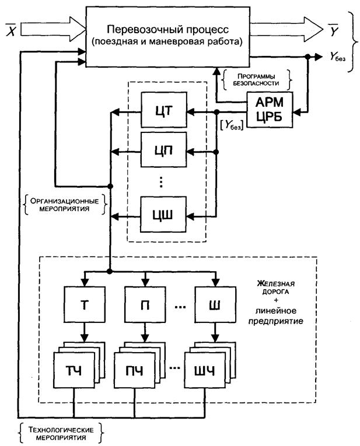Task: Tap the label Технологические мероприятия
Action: coord(60,433)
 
